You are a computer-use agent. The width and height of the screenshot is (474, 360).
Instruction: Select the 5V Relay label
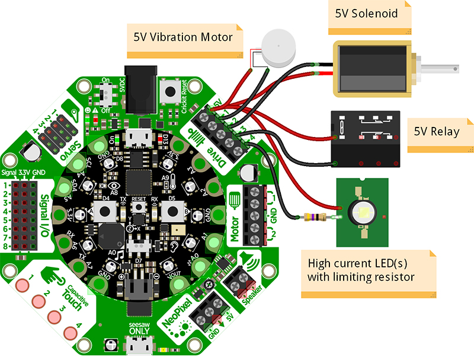coord(436,131)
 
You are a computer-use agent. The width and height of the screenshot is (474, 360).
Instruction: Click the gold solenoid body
coord(373,69)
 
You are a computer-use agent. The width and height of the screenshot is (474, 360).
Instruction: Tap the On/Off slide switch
coord(107,94)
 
